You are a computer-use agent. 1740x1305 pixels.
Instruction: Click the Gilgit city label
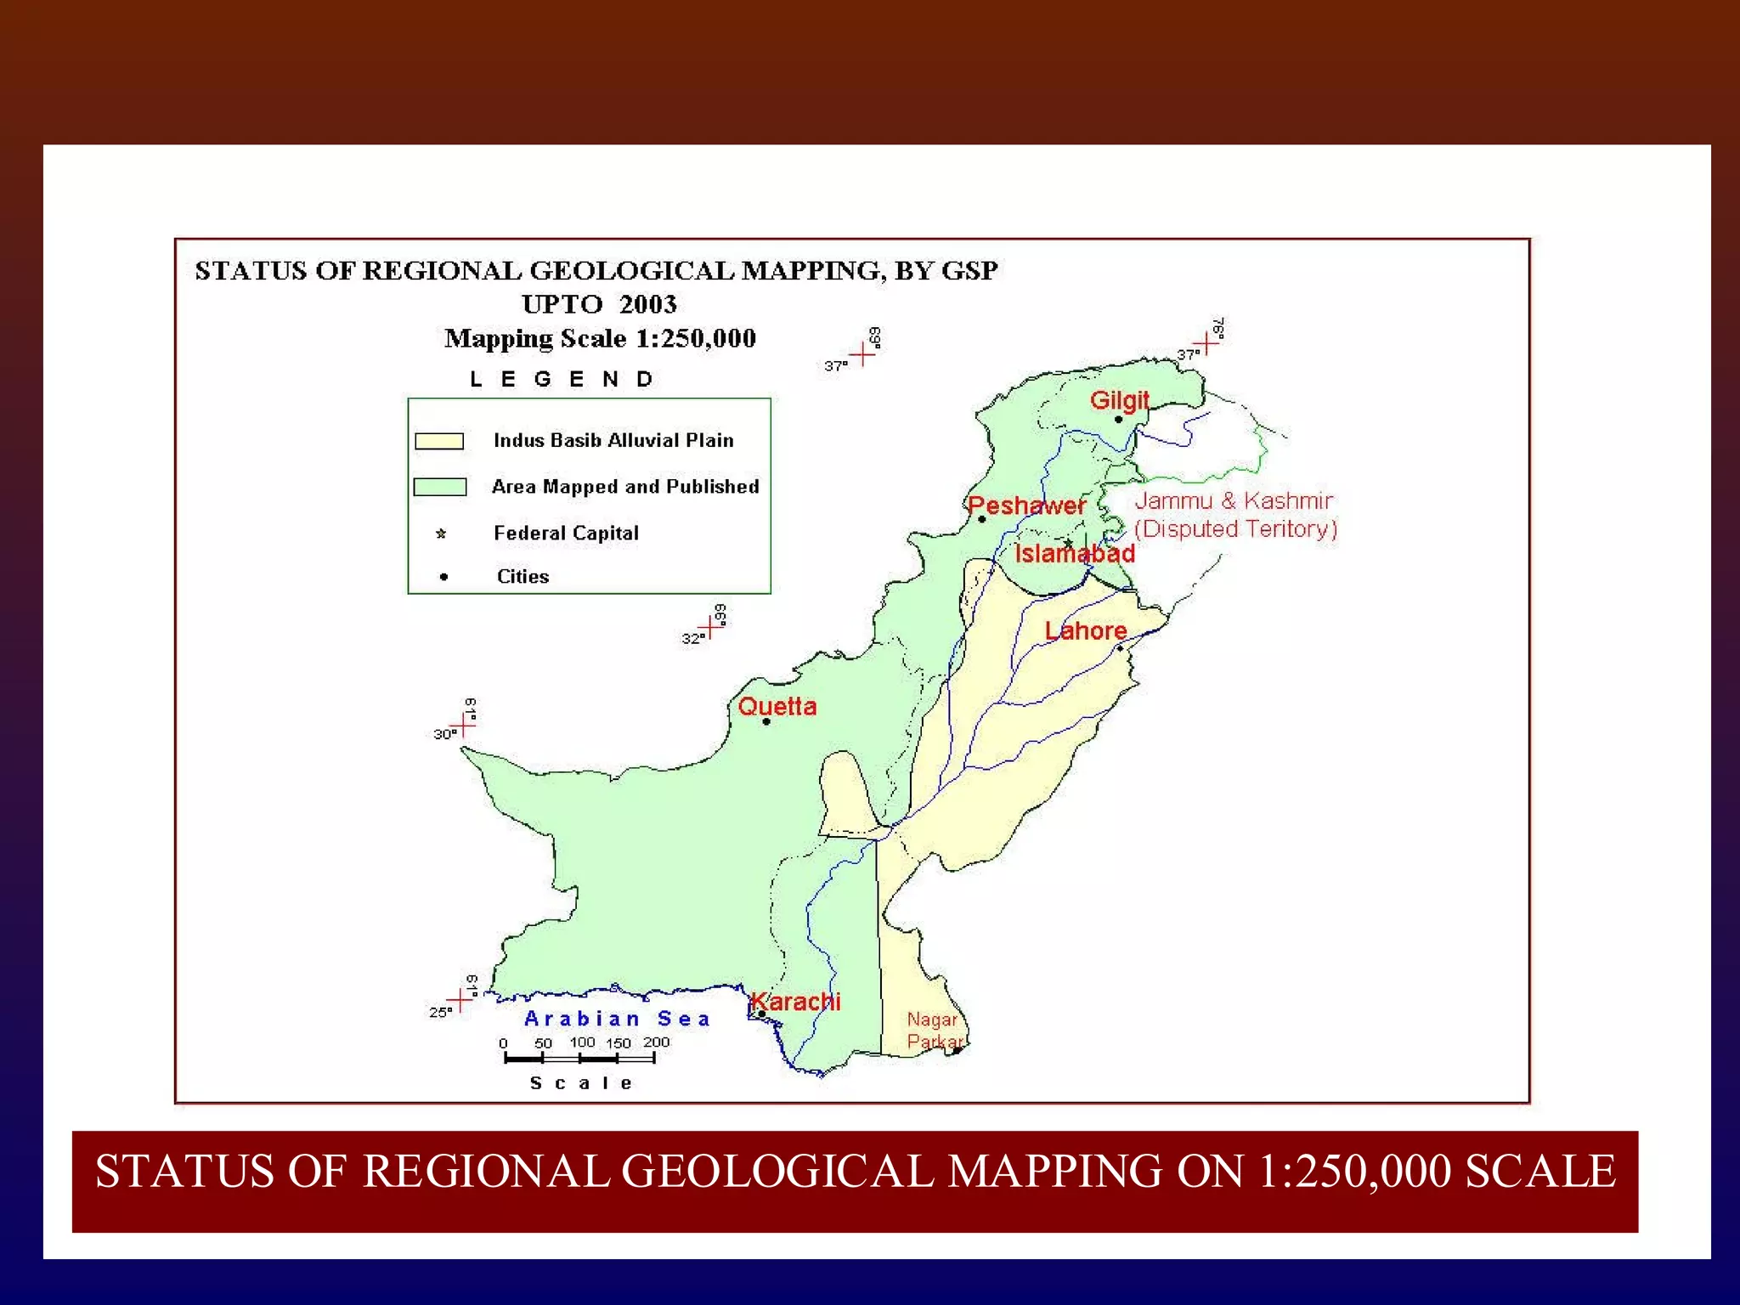1119,400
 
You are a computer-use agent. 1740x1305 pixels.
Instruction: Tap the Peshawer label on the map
1026,506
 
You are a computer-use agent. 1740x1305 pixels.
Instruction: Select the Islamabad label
1075,554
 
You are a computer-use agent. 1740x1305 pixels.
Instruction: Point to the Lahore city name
1085,630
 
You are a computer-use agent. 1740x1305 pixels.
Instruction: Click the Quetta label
777,706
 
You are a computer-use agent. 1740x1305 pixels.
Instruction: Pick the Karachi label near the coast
796,1002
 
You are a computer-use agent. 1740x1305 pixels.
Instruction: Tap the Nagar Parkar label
934,1031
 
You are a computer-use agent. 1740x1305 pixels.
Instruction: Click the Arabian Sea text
617,1019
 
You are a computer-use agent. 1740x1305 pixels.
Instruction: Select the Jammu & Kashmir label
1234,501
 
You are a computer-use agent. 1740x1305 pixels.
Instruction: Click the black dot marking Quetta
766,722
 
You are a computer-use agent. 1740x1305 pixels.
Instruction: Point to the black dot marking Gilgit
1118,419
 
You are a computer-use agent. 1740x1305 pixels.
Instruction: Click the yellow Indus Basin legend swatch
439,441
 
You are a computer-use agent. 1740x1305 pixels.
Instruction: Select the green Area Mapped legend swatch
439,487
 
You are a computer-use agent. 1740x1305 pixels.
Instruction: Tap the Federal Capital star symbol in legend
441,534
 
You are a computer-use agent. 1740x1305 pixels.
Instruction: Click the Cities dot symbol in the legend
443,577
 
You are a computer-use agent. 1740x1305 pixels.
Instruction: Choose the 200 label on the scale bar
656,1042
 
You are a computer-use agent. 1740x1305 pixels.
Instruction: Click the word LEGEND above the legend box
562,379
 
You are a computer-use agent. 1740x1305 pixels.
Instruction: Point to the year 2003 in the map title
647,304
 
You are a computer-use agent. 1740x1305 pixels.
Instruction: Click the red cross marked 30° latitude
464,726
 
